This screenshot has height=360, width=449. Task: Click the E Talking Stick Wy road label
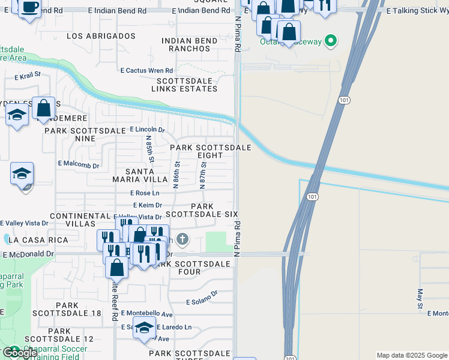(416, 11)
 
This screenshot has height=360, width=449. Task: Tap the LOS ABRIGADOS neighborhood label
(101, 36)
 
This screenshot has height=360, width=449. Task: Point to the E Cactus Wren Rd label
(146, 70)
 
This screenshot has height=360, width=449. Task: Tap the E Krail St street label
(27, 75)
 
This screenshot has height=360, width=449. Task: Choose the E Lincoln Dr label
(147, 130)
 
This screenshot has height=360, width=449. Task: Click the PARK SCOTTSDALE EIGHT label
(210, 151)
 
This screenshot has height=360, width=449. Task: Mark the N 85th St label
(151, 149)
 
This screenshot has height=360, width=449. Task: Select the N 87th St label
(203, 173)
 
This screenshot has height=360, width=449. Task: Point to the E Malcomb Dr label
(78, 163)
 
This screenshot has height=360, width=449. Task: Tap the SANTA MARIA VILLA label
(130, 175)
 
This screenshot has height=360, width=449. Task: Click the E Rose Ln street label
(145, 193)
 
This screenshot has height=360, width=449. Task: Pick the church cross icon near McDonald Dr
(182, 241)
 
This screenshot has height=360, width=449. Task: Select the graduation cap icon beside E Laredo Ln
(144, 328)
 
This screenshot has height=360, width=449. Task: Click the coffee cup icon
(29, 7)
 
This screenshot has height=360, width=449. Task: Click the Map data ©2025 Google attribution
(412, 355)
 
